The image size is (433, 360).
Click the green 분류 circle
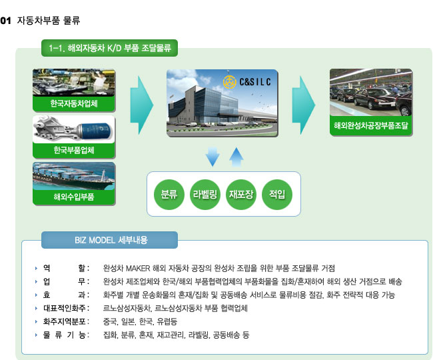pos(169,194)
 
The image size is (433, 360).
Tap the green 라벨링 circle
pos(205,194)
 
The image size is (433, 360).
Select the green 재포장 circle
pos(241,194)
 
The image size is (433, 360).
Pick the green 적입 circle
pos(277,194)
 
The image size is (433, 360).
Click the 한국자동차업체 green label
pos(74,103)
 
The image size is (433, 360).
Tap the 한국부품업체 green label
pos(74,150)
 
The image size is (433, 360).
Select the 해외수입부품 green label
pos(74,197)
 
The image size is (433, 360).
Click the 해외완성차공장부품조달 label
pos(371,126)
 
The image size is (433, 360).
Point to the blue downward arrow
pos(213,157)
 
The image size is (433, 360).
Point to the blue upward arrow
pos(236,157)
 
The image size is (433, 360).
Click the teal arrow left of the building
pos(142,105)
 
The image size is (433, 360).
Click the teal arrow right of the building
pos(304,105)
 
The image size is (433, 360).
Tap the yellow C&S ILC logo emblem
pos(230,82)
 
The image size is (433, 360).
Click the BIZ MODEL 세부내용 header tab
pos(109,240)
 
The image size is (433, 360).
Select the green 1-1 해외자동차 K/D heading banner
pos(109,48)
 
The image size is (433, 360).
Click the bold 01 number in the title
pos(5,21)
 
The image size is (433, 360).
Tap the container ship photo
pos(74,176)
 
